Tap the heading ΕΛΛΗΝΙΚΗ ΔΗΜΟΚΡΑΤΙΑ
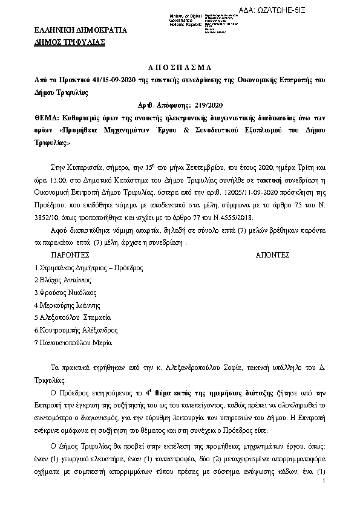73,30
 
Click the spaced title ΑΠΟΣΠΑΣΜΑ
180,68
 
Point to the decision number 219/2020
213,105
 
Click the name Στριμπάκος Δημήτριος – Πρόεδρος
80,267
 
